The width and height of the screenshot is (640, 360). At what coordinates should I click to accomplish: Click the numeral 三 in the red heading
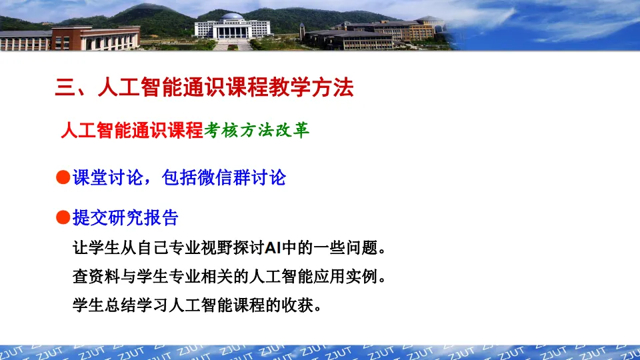click(x=65, y=88)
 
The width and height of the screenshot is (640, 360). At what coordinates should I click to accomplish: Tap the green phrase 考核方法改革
click(x=257, y=130)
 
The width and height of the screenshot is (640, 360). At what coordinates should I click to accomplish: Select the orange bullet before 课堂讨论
click(x=63, y=177)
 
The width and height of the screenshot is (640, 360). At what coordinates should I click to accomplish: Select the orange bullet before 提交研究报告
click(x=63, y=217)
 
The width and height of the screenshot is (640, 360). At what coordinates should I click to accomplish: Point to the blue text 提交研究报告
click(x=125, y=217)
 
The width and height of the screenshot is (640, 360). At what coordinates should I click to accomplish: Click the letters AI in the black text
click(x=273, y=248)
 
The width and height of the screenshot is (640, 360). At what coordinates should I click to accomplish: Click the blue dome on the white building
click(x=232, y=16)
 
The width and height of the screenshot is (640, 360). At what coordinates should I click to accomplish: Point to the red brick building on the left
click(x=95, y=38)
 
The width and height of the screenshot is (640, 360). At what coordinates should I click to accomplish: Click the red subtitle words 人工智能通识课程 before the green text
click(x=132, y=130)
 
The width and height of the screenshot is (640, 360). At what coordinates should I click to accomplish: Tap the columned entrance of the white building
click(x=232, y=32)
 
